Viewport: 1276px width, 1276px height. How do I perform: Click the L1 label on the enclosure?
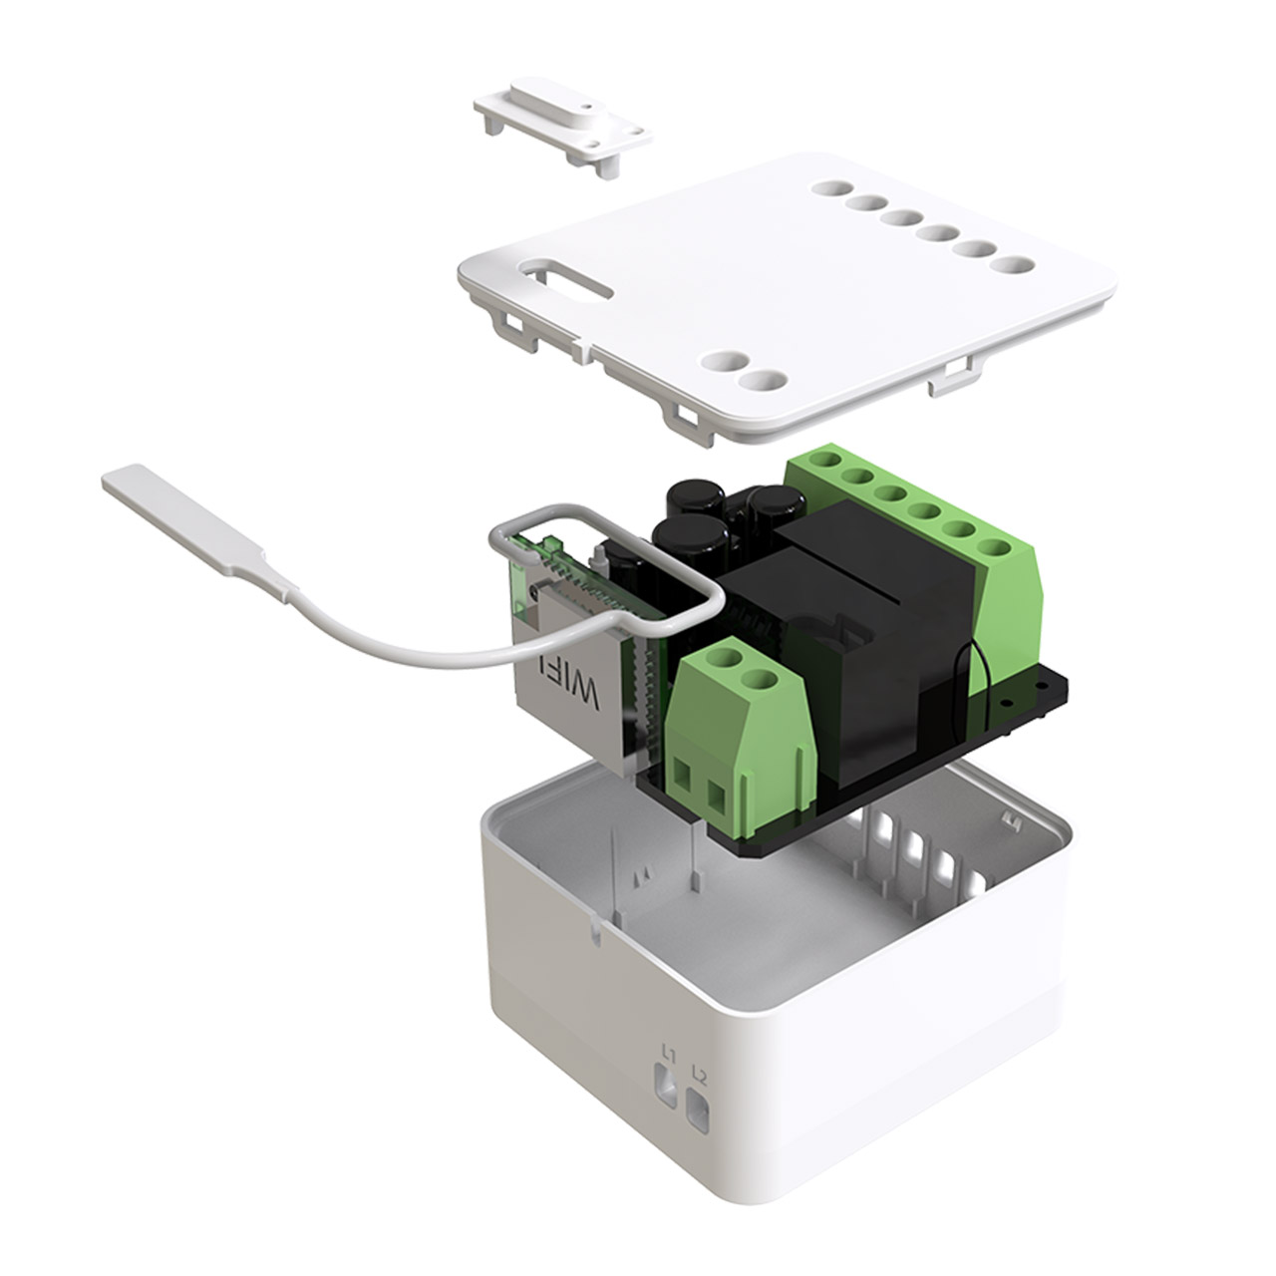[669, 1056]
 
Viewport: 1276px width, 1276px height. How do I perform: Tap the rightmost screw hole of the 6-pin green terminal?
[992, 547]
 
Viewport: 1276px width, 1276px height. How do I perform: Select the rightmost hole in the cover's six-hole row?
[1015, 266]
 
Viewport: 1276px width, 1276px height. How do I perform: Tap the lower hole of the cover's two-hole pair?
[764, 381]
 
